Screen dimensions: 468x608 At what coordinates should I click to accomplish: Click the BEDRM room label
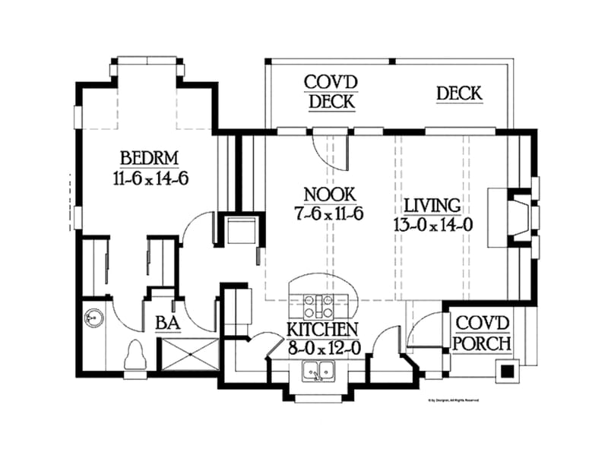tap(149, 159)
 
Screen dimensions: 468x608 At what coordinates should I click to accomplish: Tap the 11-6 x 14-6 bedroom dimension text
tap(149, 179)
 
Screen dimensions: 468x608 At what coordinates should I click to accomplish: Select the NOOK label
tap(329, 194)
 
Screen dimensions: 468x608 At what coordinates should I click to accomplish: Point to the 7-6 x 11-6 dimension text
tap(329, 213)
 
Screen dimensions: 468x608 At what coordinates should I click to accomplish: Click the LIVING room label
tap(432, 205)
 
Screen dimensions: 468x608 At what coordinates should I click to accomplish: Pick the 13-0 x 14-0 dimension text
tap(432, 225)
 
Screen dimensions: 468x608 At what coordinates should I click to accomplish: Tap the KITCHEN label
tap(322, 330)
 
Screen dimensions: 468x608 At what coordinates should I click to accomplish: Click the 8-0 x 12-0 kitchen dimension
tap(322, 349)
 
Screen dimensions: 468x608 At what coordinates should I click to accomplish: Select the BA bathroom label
tap(166, 324)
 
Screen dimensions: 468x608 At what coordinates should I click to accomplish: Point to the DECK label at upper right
tap(459, 93)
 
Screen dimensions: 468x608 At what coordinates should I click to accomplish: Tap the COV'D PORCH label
tap(481, 333)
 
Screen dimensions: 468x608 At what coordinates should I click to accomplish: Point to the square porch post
tap(507, 372)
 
